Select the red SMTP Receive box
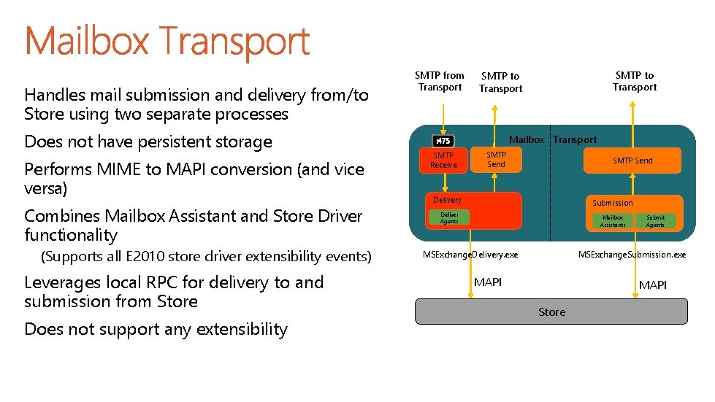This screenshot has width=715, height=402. (443, 161)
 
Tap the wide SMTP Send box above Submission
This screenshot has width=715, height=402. (632, 161)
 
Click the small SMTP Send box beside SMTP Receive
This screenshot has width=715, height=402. (497, 160)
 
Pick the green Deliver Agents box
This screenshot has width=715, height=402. (449, 217)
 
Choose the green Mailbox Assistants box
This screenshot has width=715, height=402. (612, 221)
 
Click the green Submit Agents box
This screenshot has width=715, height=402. (655, 221)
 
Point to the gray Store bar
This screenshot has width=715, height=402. (551, 312)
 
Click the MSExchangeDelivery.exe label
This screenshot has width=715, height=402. (470, 255)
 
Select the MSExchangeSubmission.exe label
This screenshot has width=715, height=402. (632, 255)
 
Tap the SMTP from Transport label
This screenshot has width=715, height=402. (440, 81)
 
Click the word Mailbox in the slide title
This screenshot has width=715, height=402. (86, 42)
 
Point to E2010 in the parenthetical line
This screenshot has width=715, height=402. (146, 256)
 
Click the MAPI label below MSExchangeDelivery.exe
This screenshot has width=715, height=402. (488, 282)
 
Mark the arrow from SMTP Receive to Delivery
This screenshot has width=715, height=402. (443, 182)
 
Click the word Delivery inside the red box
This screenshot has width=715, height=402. (447, 200)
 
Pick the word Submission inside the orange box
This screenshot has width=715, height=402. (612, 203)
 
